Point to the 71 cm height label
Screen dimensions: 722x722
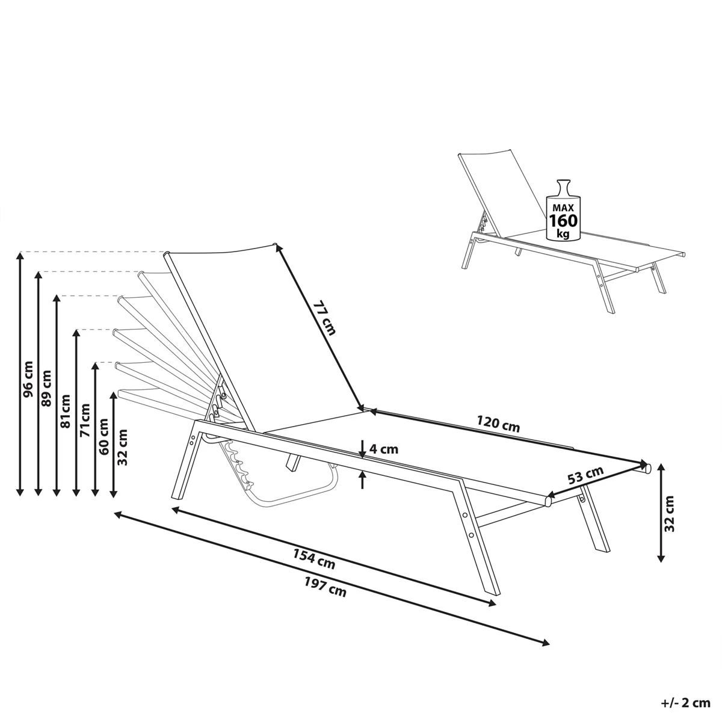(85, 420)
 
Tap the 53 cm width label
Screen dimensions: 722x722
(585, 475)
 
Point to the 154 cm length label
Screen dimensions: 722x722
(314, 558)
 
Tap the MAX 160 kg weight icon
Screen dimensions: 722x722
(563, 211)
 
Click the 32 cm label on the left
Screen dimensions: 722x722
(123, 446)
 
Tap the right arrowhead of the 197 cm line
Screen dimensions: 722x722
(546, 643)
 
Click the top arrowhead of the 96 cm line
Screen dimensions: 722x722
(20, 256)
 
